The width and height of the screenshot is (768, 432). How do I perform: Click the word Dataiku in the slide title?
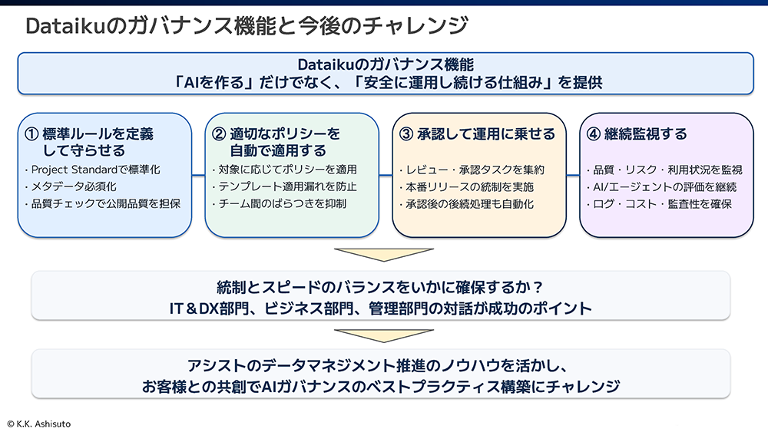pyautogui.click(x=65, y=26)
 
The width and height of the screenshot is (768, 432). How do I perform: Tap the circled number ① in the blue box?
pyautogui.click(x=31, y=134)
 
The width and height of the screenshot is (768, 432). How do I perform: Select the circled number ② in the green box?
pyautogui.click(x=218, y=134)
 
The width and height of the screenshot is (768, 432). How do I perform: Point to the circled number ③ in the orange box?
pyautogui.click(x=406, y=134)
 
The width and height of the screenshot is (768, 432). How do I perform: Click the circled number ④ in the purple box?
pyautogui.click(x=593, y=134)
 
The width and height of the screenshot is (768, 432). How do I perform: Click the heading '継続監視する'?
pyautogui.click(x=646, y=134)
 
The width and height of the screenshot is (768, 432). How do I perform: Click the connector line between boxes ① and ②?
pyautogui.click(x=198, y=175)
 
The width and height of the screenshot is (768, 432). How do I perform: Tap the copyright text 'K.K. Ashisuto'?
pyautogui.click(x=44, y=424)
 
